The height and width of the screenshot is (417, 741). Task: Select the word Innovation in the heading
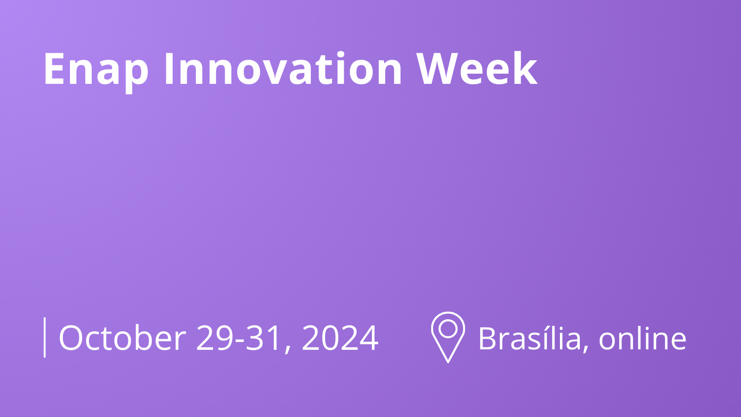[283, 69]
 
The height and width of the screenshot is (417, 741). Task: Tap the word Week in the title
[477, 69]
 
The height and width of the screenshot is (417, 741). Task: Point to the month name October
[122, 338]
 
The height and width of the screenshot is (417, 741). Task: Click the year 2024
[340, 338]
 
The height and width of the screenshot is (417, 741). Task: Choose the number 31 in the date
[263, 338]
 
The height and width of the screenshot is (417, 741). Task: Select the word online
[642, 338]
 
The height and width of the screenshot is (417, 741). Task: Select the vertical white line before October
[44, 337]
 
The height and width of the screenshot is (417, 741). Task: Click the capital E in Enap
[53, 69]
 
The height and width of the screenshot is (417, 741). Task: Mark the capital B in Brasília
[488, 338]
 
